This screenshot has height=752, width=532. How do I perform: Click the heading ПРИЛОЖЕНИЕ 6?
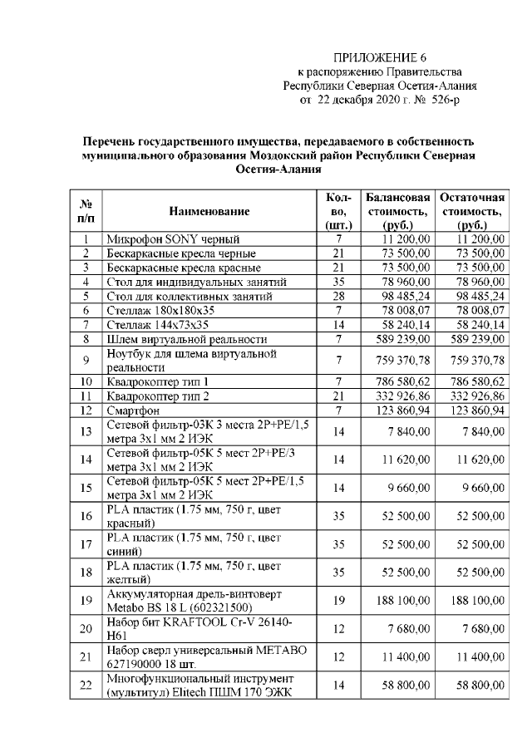click(x=379, y=57)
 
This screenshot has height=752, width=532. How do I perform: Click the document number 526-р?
click(x=441, y=100)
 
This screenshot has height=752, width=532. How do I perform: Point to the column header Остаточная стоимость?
click(x=471, y=212)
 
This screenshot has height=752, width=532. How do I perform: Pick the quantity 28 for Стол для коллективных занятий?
click(x=337, y=296)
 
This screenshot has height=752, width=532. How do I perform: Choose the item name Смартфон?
click(x=132, y=410)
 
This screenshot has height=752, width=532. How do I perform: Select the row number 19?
click(x=86, y=600)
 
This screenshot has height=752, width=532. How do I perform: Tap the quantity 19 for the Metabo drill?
click(x=337, y=600)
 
